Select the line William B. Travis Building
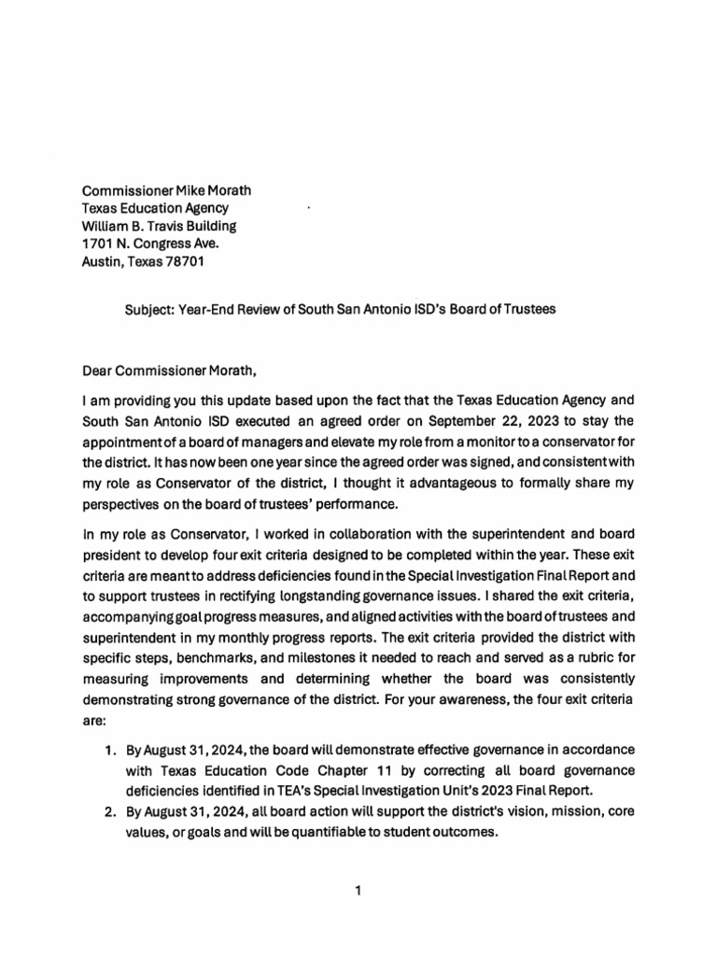(159, 226)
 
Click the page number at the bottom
(358, 892)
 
